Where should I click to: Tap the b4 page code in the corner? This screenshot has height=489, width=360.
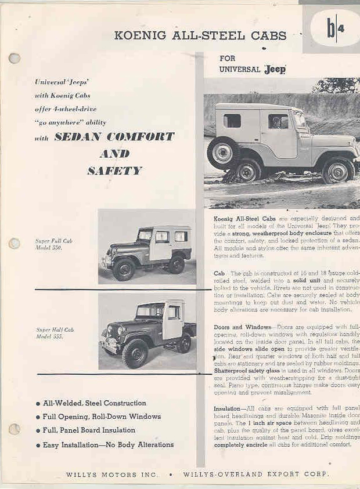[330, 29]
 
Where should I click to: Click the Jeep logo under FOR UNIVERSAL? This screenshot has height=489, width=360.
[275, 69]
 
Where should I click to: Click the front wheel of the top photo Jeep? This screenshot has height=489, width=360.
[337, 171]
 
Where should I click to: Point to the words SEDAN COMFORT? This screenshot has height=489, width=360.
[114, 137]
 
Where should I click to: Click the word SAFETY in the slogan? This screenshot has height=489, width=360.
[114, 171]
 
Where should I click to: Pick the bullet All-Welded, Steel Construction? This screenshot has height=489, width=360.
[94, 403]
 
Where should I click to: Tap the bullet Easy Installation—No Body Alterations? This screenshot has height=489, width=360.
[108, 445]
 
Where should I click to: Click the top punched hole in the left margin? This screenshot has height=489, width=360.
[14, 58]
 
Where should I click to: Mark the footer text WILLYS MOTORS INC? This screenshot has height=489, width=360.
[111, 474]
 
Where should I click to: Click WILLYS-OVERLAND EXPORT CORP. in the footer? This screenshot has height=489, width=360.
[255, 474]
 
